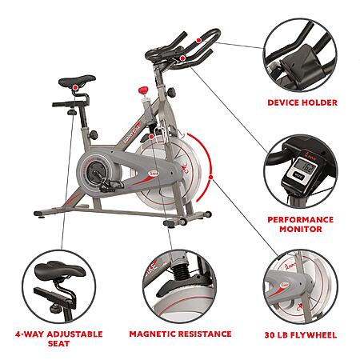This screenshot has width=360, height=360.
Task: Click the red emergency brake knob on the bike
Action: pyautogui.click(x=143, y=90)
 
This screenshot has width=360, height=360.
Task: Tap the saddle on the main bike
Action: pyautogui.click(x=77, y=81)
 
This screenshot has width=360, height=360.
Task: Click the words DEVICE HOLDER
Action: pyautogui.click(x=302, y=102)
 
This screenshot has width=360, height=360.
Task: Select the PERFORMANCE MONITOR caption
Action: pyautogui.click(x=301, y=224)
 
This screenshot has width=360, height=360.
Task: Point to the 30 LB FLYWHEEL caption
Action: pyautogui.click(x=301, y=335)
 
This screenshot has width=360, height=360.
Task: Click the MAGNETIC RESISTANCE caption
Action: pyautogui.click(x=180, y=334)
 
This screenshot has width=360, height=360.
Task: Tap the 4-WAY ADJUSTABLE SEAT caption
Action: pyautogui.click(x=59, y=338)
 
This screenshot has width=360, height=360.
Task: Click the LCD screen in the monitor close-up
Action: pyautogui.click(x=305, y=166)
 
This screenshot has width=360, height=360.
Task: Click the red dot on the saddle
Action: pyautogui.click(x=76, y=87)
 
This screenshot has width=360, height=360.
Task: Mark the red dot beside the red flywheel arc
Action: pyautogui.click(x=211, y=177)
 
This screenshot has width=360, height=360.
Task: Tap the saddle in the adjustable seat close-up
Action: pyautogui.click(x=60, y=270)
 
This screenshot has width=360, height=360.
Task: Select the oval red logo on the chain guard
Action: pyautogui.click(x=154, y=174)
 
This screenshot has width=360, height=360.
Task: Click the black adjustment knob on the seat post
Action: pyautogui.click(x=94, y=134)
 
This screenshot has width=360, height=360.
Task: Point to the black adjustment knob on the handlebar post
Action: pyautogui.click(x=171, y=93)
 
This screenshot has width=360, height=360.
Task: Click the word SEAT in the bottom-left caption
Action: pyautogui.click(x=58, y=343)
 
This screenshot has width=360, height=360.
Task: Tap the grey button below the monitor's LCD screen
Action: pyautogui.click(x=298, y=176)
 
